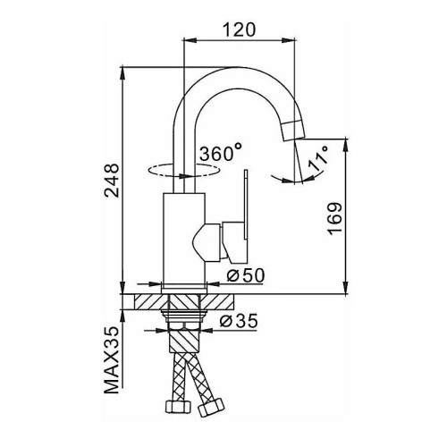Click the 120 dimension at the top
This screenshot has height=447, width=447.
click(239, 30)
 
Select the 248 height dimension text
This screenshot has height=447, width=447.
click(112, 180)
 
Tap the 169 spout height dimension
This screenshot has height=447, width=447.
click(335, 218)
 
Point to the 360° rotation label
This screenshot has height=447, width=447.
click(221, 152)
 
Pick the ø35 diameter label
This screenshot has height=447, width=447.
click(238, 321)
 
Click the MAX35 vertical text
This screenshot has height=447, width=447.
click(112, 360)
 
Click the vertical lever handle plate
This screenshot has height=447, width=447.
click(246, 205)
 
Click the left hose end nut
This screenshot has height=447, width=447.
click(178, 407)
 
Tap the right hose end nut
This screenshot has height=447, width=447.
click(211, 407)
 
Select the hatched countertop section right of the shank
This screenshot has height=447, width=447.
click(216, 301)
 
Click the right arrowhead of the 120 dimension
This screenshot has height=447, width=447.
click(289, 39)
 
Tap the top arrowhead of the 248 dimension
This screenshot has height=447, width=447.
click(122, 73)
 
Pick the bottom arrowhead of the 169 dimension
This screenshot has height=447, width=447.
click(346, 288)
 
